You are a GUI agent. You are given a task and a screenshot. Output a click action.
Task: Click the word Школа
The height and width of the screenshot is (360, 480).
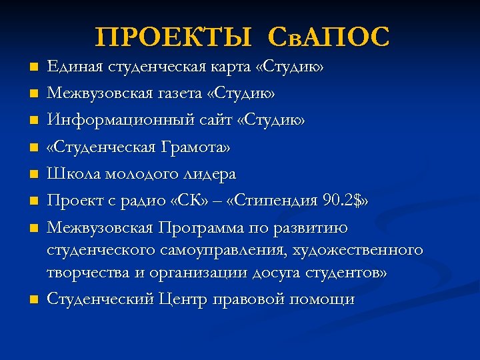(x=69, y=173)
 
